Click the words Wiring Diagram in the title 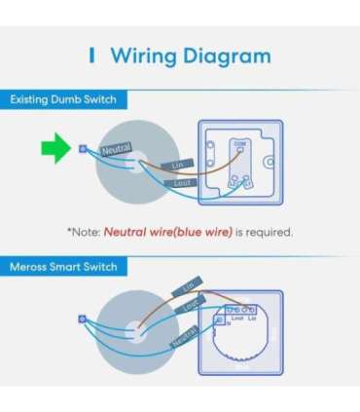(190, 55)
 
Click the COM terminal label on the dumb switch (240, 142)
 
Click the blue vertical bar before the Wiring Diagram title (92, 55)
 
